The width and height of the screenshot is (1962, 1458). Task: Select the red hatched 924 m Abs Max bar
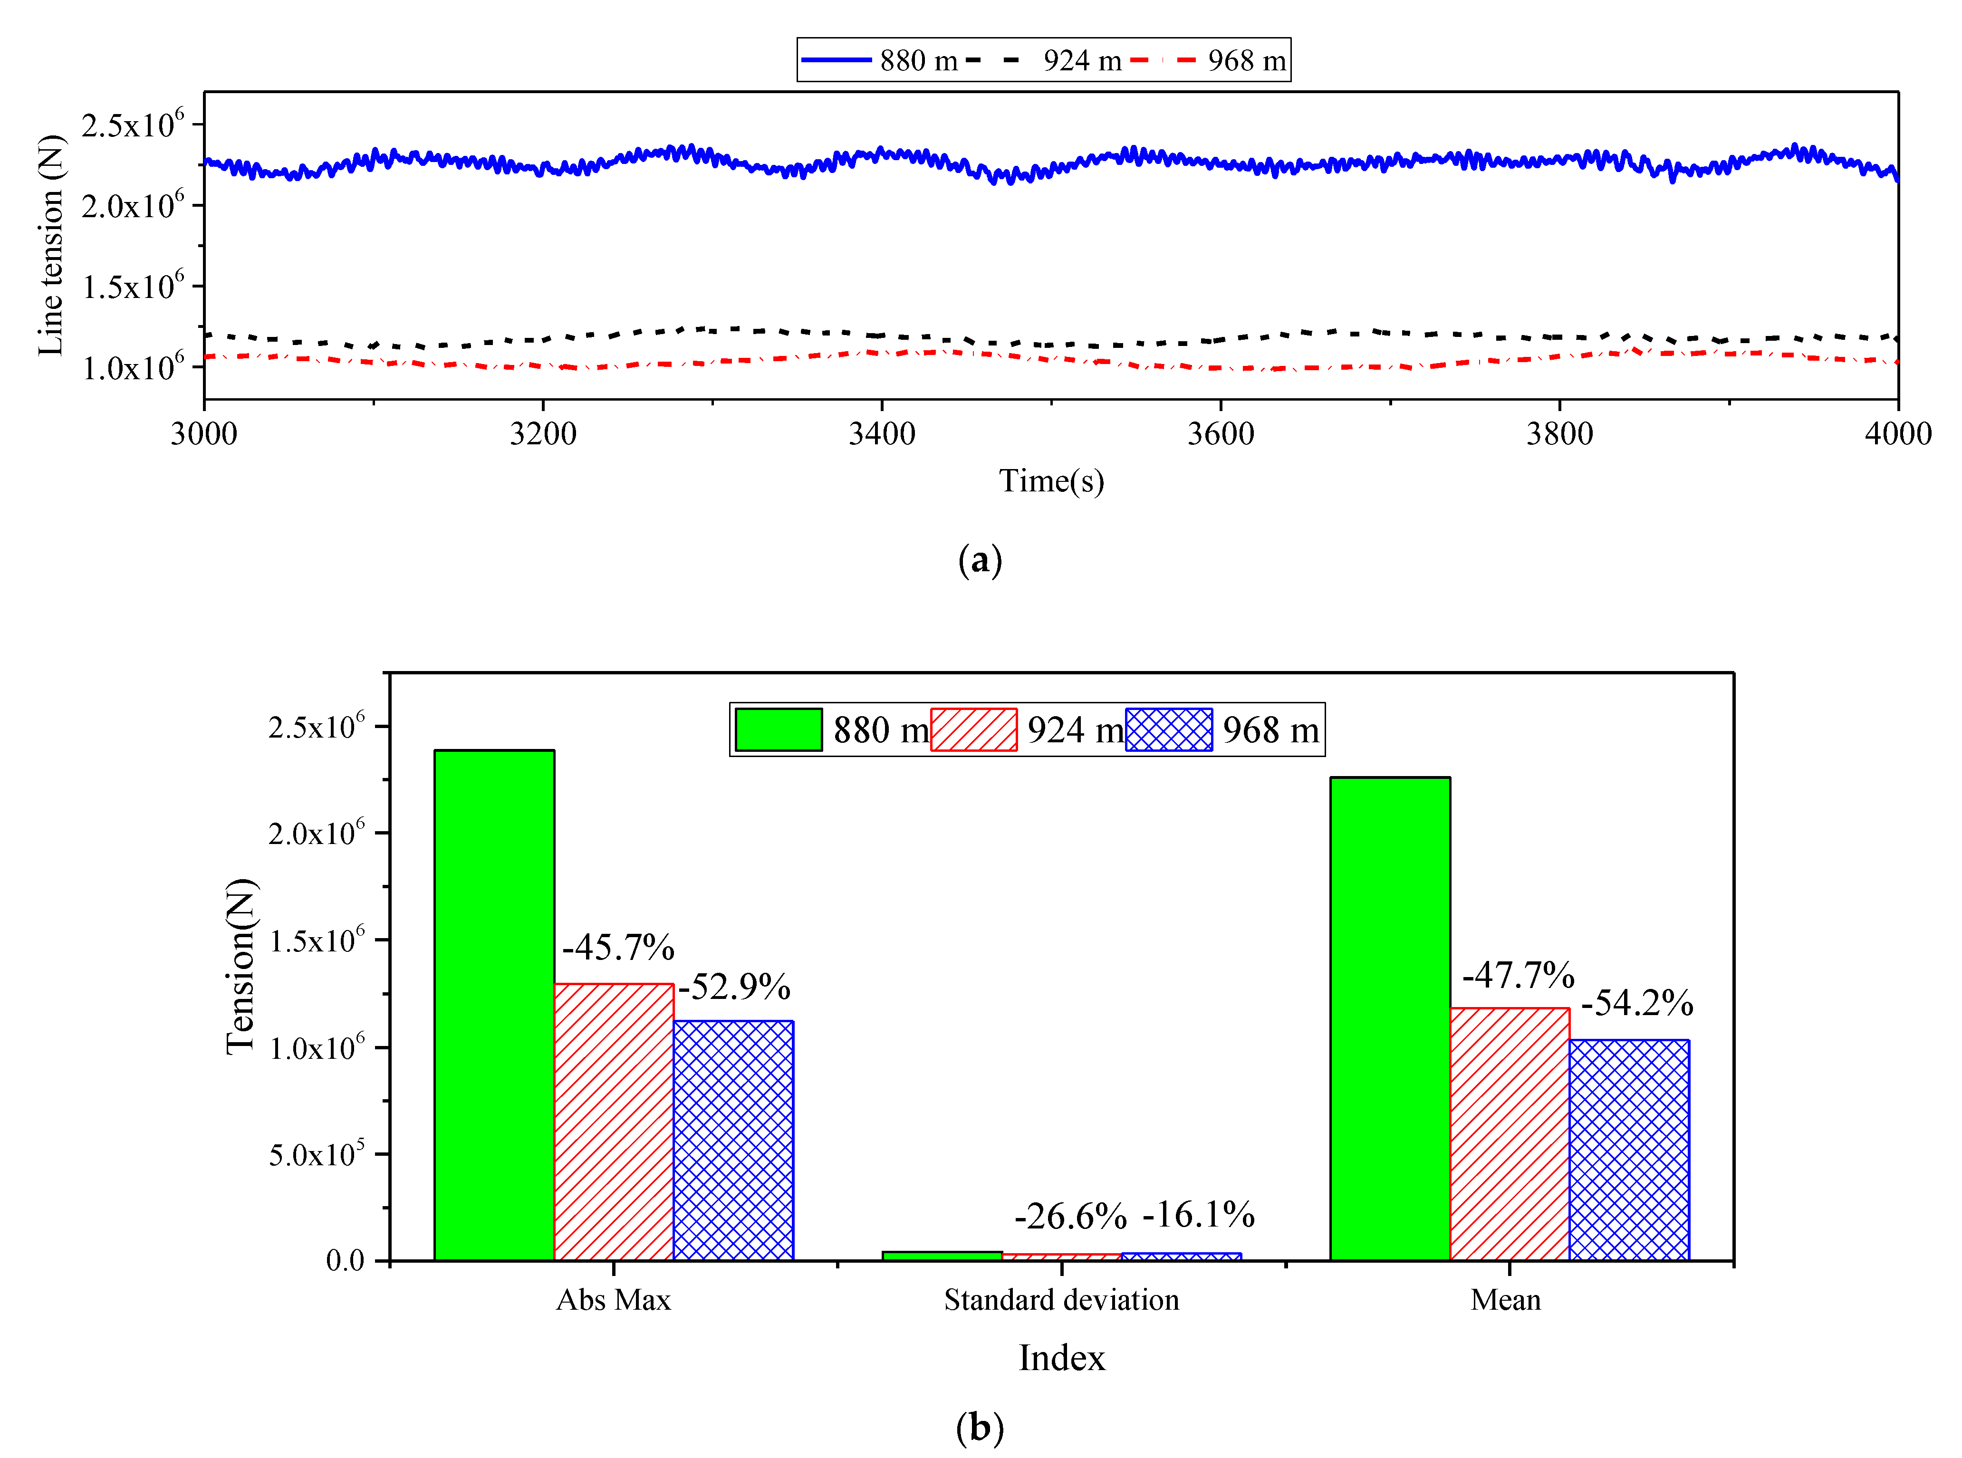coord(614,1121)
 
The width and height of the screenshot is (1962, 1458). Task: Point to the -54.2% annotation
coord(1636,1003)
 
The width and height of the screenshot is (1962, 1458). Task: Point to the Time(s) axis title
coord(1051,481)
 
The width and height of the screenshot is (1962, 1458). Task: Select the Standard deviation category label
coord(1061,1300)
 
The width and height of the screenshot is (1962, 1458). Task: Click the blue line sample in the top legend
coord(836,60)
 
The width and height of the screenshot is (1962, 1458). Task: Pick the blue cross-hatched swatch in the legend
coord(1169,730)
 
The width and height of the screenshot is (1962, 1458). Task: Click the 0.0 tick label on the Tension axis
coord(345,1260)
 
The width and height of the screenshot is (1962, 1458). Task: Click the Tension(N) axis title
coord(240,967)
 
